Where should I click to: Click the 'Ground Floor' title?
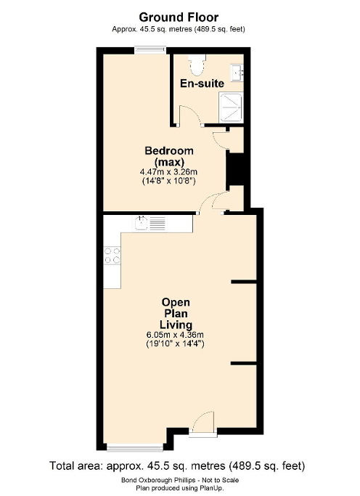click(179, 16)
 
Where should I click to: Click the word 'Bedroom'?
click(169, 150)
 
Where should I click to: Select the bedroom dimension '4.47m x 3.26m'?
click(169, 171)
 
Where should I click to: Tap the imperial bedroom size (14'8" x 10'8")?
click(169, 181)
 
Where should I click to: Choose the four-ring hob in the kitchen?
click(112, 255)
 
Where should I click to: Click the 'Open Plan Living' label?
click(176, 313)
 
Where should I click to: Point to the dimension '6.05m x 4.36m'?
click(176, 335)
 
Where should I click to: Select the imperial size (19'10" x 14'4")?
click(176, 344)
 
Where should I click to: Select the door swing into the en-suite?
click(186, 115)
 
